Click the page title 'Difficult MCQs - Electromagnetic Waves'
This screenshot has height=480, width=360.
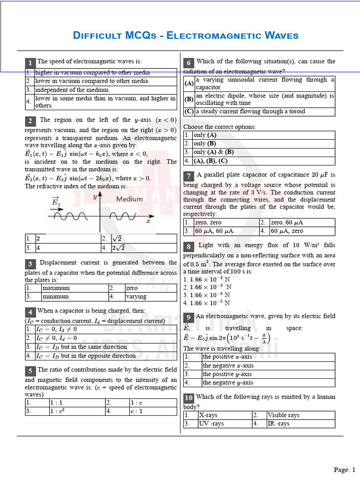(x=186, y=36)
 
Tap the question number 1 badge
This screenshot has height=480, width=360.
(x=30, y=63)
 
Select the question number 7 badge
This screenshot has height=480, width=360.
(x=188, y=176)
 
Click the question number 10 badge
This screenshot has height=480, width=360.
(x=188, y=398)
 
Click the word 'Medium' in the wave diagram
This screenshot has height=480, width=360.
(x=129, y=199)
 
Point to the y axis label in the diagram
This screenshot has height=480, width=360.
(x=95, y=197)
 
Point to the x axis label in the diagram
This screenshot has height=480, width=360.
(x=148, y=221)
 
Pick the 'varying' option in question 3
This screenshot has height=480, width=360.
(x=136, y=296)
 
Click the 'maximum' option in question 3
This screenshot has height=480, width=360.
(x=56, y=288)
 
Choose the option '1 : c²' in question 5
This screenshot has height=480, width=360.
(x=57, y=411)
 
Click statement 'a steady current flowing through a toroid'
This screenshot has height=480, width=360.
(x=250, y=112)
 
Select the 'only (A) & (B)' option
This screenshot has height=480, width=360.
(x=213, y=152)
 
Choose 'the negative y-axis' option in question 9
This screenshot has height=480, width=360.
(x=228, y=382)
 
